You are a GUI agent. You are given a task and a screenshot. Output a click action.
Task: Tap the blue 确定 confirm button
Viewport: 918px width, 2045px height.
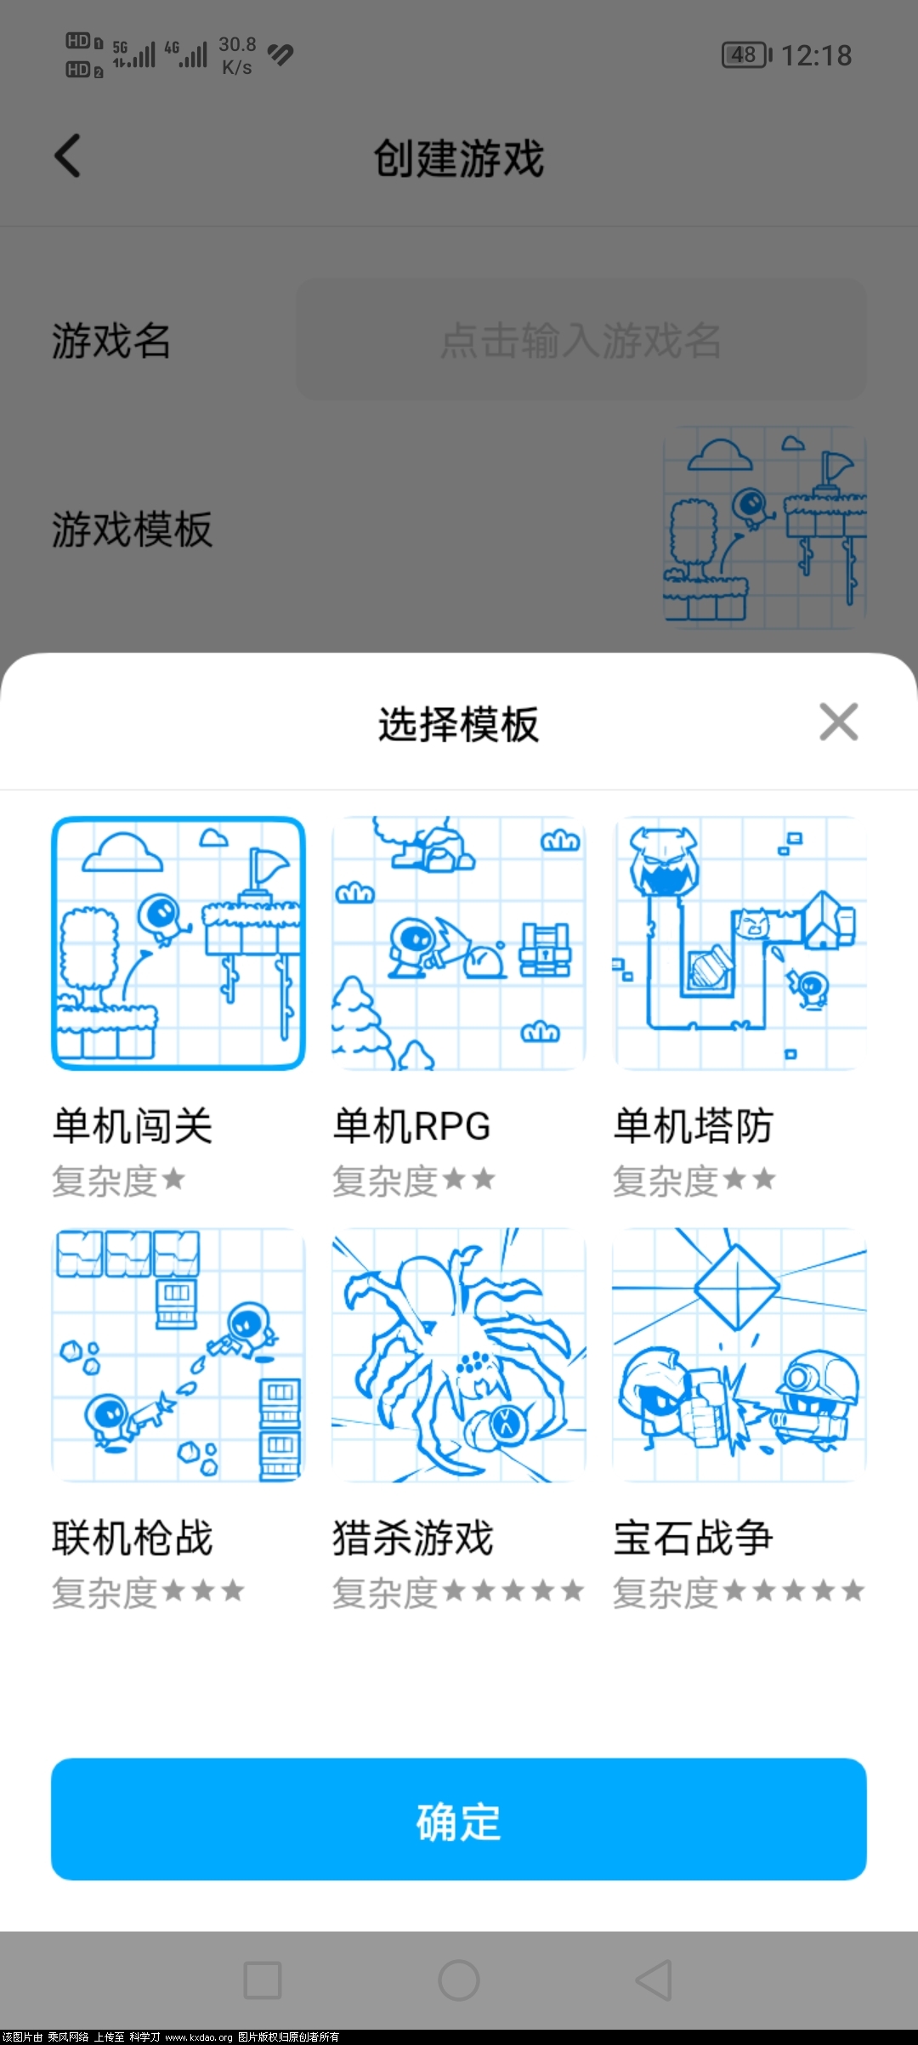459,1819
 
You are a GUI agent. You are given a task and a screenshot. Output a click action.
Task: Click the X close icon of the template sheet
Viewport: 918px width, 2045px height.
839,722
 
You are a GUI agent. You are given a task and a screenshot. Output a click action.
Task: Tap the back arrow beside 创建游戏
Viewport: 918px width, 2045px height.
68,156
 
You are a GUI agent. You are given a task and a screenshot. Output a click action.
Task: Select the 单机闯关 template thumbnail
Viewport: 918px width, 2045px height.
178,943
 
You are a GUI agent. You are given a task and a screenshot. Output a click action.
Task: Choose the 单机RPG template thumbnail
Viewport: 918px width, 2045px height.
459,943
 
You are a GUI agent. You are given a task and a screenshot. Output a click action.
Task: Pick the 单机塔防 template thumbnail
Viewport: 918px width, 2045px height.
739,943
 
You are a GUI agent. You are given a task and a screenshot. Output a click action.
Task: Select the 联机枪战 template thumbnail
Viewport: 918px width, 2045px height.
178,1355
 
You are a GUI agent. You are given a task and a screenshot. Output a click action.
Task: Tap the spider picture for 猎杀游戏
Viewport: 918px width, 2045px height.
459,1355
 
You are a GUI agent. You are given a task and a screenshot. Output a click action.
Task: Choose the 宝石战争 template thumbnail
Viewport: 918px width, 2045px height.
739,1355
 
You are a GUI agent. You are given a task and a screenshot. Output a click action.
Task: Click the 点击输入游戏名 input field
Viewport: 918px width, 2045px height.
581,340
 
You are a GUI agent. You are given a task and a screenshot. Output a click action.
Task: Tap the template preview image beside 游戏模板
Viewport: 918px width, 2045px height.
765,527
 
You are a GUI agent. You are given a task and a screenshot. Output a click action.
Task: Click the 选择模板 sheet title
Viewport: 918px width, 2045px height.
459,724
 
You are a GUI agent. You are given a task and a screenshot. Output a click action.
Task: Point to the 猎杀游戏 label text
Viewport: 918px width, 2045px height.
413,1538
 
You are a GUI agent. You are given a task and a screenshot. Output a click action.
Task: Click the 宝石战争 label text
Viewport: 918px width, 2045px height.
694,1538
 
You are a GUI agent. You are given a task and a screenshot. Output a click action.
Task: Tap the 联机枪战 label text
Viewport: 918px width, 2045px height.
133,1538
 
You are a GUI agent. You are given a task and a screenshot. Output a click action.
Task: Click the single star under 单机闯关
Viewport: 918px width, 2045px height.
173,1179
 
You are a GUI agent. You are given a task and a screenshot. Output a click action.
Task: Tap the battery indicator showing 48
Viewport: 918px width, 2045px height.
747,55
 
